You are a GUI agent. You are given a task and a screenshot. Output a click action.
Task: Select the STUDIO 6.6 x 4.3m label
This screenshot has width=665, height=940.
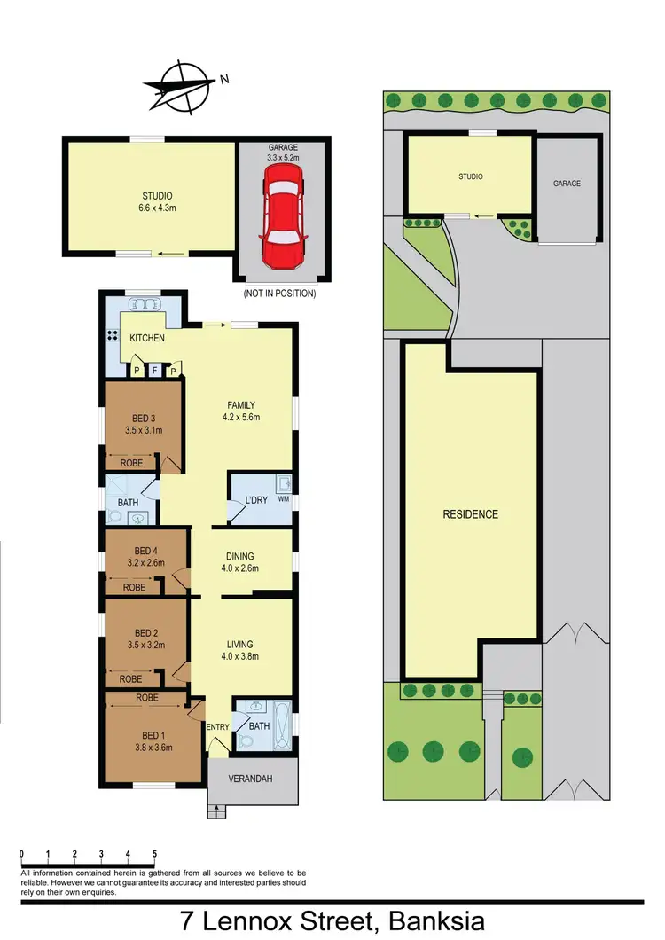click(156, 202)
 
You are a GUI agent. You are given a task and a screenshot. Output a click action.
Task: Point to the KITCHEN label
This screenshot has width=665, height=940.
click(147, 339)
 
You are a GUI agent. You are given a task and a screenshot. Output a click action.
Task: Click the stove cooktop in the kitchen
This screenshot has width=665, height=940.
click(113, 336)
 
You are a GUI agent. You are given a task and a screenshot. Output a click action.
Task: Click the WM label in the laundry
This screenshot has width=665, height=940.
click(283, 499)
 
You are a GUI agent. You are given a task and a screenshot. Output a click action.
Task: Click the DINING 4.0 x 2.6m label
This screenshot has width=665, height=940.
click(239, 562)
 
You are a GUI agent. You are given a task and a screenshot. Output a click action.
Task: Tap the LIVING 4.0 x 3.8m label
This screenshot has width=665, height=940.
click(239, 650)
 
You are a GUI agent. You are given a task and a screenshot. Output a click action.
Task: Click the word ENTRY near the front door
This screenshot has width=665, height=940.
click(217, 727)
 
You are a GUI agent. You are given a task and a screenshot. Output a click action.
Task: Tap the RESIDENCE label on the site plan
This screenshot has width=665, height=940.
click(471, 514)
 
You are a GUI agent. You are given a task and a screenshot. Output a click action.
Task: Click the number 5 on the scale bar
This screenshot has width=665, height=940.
click(155, 854)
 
